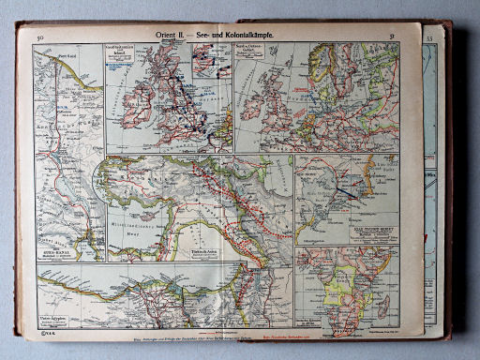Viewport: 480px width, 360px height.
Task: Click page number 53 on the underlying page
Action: point(429,38)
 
